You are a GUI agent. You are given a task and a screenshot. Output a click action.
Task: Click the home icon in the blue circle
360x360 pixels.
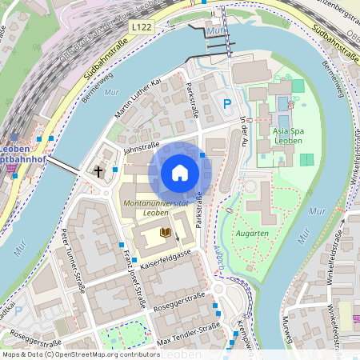tap(180, 172)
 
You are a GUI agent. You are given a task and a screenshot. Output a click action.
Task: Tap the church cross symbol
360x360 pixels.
tap(99, 171)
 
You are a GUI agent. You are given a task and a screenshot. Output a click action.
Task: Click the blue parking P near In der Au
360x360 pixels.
tap(227, 103)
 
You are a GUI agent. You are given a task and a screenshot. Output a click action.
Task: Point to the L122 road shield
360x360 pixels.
tap(141, 27)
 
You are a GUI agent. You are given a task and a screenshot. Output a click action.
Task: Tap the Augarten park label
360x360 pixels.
tap(252, 234)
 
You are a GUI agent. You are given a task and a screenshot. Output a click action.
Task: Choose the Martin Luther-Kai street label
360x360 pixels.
tap(138, 98)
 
